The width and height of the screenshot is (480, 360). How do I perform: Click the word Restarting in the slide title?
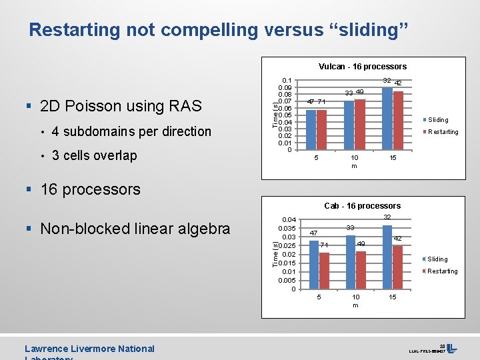(75, 30)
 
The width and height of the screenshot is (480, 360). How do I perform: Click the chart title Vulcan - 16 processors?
(362, 67)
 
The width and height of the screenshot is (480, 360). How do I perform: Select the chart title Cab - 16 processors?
(362, 206)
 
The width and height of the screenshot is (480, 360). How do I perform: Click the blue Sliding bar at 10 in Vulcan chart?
(349, 125)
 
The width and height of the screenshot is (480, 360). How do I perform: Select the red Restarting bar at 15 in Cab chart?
(398, 267)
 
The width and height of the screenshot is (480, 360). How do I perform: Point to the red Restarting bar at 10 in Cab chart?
(361, 269)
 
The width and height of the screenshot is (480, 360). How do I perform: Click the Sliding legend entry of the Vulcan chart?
(437, 120)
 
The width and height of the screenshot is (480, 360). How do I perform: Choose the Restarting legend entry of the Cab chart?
(441, 271)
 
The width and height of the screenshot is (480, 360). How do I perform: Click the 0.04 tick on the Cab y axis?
(289, 220)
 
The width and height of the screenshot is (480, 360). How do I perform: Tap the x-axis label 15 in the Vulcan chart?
(393, 158)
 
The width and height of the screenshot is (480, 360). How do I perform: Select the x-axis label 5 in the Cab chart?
(319, 297)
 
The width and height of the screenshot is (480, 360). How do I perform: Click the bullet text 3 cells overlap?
(94, 156)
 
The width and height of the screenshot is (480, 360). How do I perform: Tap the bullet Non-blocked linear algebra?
(135, 229)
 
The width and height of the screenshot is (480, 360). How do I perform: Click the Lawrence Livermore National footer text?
(89, 349)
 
